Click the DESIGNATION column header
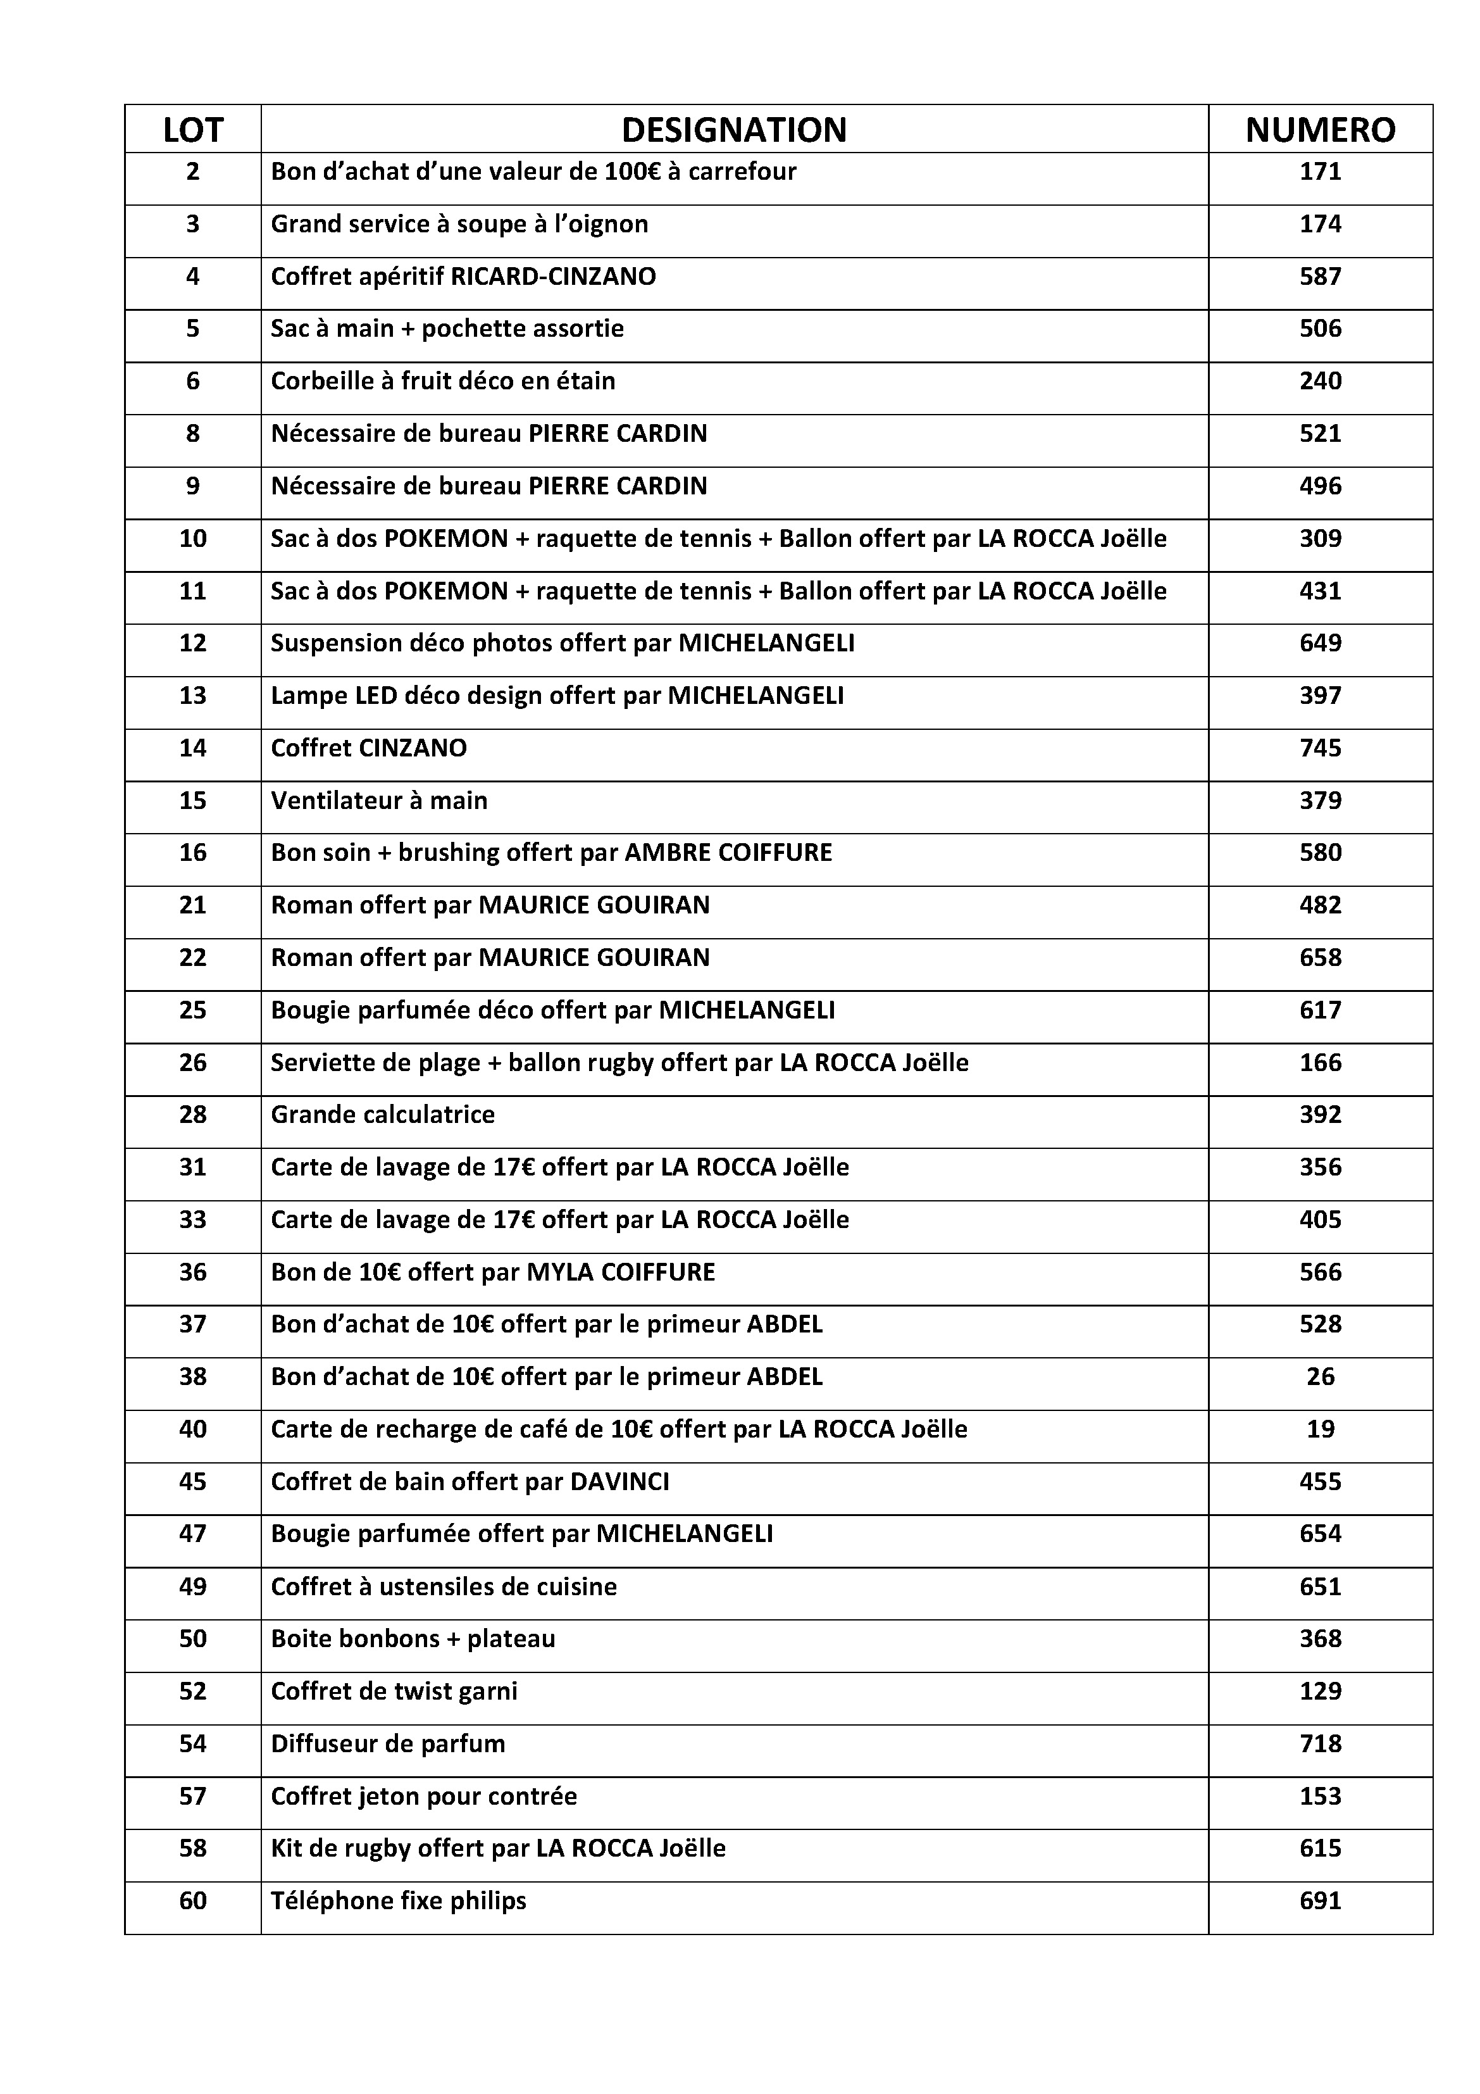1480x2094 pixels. [x=733, y=130]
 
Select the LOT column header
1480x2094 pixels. [x=192, y=130]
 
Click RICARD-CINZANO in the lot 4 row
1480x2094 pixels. [x=554, y=277]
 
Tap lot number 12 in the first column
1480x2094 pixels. [x=192, y=643]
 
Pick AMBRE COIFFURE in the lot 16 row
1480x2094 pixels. [x=728, y=853]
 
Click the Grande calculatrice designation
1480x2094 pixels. [x=382, y=1115]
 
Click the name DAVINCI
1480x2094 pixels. [x=619, y=1482]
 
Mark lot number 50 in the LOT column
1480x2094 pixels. [x=192, y=1639]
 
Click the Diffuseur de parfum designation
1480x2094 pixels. [x=387, y=1744]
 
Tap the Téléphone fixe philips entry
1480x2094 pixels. [x=399, y=1902]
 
